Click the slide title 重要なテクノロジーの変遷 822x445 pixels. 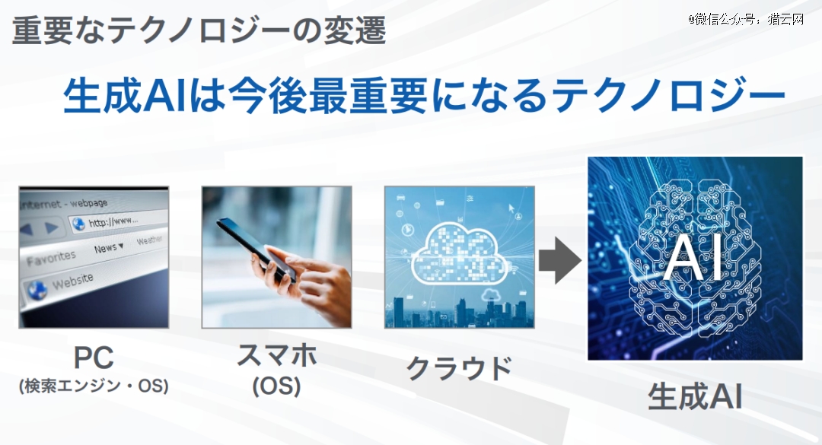[x=199, y=30]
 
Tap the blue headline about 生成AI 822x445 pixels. [x=424, y=96]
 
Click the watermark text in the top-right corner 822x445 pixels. [x=746, y=19]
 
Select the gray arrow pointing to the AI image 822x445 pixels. [x=560, y=260]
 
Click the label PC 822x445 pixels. [x=94, y=358]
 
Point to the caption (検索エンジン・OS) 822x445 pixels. [x=94, y=386]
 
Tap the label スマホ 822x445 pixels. [x=277, y=354]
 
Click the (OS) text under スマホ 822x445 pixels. [x=276, y=387]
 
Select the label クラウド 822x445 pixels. [x=459, y=368]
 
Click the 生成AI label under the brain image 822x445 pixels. [x=695, y=396]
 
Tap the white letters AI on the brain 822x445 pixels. [x=693, y=258]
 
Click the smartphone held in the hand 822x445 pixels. [x=256, y=249]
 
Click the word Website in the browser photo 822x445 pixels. [x=73, y=281]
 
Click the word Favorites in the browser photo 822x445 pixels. [x=51, y=258]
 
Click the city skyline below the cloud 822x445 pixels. [x=459, y=313]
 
